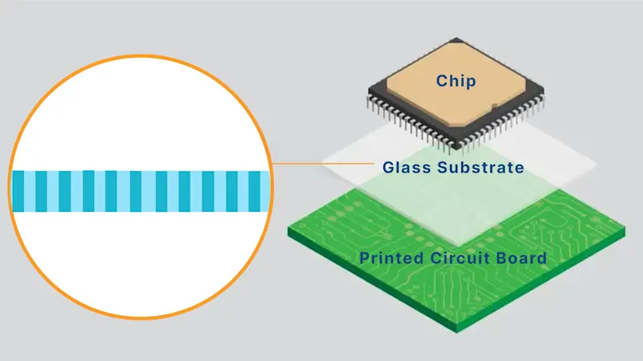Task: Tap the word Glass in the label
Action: pos(399,168)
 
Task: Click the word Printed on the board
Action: pos(388,258)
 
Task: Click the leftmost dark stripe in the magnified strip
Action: pos(18,191)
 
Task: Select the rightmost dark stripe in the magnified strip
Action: pos(255,191)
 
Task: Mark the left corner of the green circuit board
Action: pos(289,231)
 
